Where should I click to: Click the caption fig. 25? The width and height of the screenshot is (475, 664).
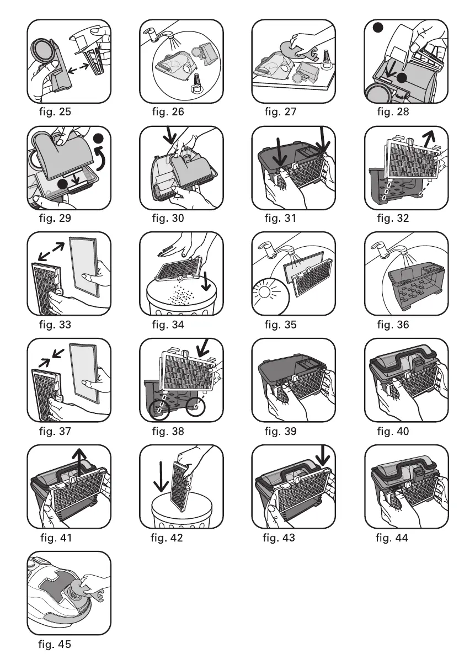[55, 111]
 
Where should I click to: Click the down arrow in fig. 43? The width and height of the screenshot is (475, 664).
[323, 454]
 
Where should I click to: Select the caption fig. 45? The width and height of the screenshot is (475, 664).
[55, 644]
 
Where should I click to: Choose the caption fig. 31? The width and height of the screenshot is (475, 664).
[280, 218]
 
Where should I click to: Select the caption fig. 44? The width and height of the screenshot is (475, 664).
[392, 538]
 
